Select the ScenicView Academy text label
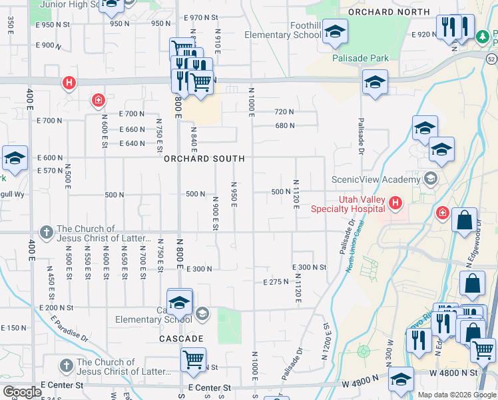(x=376, y=179)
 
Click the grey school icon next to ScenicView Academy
(x=431, y=179)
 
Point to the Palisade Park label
(x=361, y=58)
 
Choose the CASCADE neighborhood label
(x=181, y=339)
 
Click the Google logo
(x=22, y=392)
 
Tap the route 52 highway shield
(x=491, y=59)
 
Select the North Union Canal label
(x=351, y=250)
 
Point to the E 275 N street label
(x=274, y=282)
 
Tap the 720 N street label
(x=284, y=112)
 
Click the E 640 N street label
(x=132, y=143)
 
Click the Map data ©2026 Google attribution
(x=457, y=395)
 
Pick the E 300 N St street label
(x=309, y=267)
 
